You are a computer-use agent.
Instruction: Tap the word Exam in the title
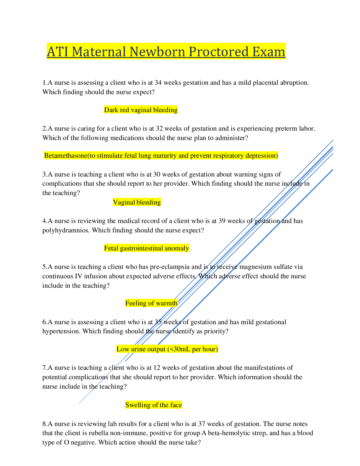pos(269,52)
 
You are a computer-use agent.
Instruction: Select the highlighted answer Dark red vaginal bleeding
pos(141,110)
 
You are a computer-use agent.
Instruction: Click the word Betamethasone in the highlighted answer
pos(66,155)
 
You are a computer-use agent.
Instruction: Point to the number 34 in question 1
pos(158,83)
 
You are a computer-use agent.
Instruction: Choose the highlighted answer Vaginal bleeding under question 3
pos(137,202)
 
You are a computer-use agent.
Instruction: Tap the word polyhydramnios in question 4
pos(66,230)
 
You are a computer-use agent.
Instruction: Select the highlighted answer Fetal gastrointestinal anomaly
pos(146,248)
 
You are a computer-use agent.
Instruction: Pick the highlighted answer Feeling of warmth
pos(151,303)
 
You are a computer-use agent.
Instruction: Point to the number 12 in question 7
pos(157,368)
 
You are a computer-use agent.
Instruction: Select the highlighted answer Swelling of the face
pos(154,405)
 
